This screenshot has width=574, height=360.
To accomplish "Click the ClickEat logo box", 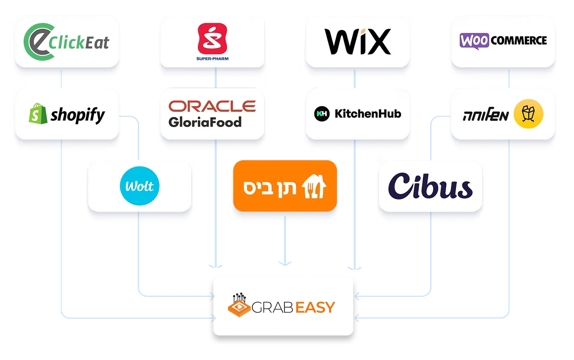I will click(x=66, y=42).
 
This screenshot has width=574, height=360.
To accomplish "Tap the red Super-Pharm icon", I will click(x=212, y=37).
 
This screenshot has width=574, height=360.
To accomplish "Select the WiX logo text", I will click(x=358, y=42).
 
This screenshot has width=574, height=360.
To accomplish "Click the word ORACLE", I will click(x=212, y=106).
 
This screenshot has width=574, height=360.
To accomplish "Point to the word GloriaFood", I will click(x=205, y=122).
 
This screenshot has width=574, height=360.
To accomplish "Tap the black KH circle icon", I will click(x=322, y=114).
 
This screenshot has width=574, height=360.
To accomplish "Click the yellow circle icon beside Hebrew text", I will click(x=528, y=114).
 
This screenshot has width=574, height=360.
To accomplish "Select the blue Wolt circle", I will click(x=140, y=186).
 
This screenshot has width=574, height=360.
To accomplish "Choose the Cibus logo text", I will click(x=430, y=186).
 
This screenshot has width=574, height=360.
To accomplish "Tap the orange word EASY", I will click(x=315, y=307).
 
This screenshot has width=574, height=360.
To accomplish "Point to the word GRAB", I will click(x=272, y=307).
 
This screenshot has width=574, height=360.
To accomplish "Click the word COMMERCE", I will click(x=518, y=41).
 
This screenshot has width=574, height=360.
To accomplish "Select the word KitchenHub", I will click(x=368, y=114).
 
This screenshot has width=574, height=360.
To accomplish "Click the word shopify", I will click(x=78, y=115).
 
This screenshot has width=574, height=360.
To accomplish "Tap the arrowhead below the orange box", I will click(x=285, y=263).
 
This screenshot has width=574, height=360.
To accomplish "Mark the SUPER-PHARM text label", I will click(x=212, y=59).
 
